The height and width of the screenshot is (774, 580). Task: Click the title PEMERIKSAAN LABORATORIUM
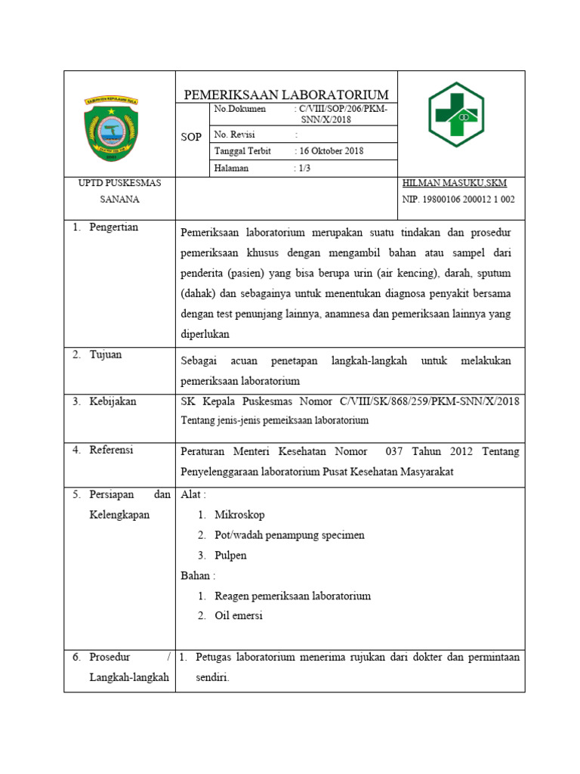pyautogui.click(x=286, y=94)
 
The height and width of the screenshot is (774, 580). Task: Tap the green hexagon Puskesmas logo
pyautogui.click(x=456, y=115)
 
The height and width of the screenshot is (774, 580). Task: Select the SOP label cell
pyautogui.click(x=191, y=138)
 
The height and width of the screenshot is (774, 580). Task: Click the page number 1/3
pyautogui.click(x=304, y=169)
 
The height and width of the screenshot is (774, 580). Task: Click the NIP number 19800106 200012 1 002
pyautogui.click(x=458, y=200)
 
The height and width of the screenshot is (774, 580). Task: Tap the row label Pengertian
pyautogui.click(x=113, y=228)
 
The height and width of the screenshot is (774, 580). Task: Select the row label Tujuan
pyautogui.click(x=105, y=354)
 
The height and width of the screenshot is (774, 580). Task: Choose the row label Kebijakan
pyautogui.click(x=113, y=401)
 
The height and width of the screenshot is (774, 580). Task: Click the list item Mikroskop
pyautogui.click(x=239, y=515)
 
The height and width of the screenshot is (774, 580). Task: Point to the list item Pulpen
pyautogui.click(x=230, y=556)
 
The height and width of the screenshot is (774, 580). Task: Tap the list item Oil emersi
pyautogui.click(x=239, y=616)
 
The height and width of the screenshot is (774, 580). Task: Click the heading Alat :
pyautogui.click(x=193, y=494)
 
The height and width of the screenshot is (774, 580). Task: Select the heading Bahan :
pyautogui.click(x=197, y=576)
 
